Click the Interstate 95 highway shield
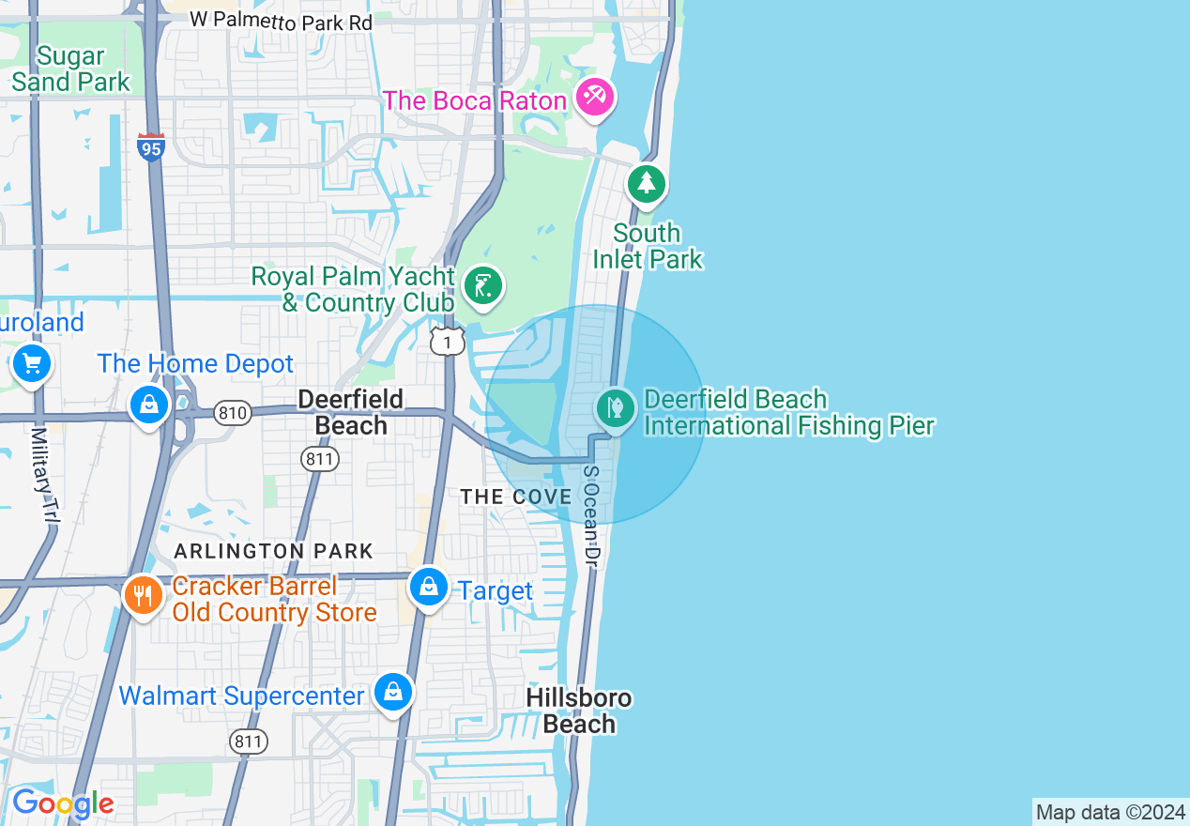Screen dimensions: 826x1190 tap(151, 146)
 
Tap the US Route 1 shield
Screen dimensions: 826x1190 tap(448, 341)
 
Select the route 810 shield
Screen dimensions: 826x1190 tap(232, 413)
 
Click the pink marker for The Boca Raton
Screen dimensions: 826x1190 tap(594, 97)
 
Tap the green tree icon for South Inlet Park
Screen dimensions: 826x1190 tap(646, 182)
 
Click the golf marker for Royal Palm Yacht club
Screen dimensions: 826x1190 tap(484, 285)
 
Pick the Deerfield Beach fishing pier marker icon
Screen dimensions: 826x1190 tap(616, 408)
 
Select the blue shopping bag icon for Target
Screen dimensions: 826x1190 tap(428, 587)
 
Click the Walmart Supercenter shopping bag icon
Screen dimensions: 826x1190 tap(392, 692)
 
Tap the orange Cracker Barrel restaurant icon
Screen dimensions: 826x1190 tap(143, 594)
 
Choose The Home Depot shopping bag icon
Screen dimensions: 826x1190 tap(148, 405)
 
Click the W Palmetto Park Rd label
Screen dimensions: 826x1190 tap(281, 21)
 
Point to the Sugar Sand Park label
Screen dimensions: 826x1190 tap(70, 69)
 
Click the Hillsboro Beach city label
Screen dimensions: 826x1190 tap(579, 711)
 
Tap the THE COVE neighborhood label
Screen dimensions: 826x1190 tap(516, 497)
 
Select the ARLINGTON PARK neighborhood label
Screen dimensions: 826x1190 tap(274, 551)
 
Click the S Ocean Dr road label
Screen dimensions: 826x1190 tap(590, 516)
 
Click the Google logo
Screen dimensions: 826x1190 tap(62, 803)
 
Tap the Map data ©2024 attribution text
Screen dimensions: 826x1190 tap(1110, 812)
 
